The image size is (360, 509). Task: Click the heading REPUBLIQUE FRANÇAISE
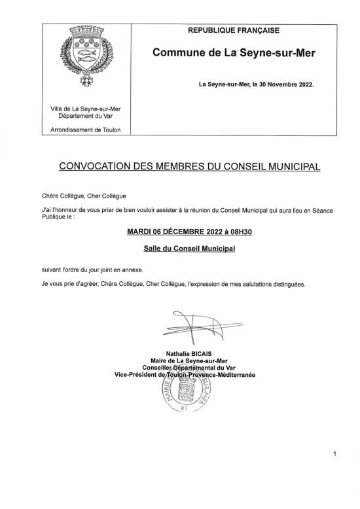(233, 30)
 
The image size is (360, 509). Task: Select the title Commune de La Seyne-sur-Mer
(234, 52)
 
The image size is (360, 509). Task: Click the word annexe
(129, 270)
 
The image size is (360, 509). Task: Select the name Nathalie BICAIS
(185, 354)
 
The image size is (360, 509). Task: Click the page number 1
(334, 454)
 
